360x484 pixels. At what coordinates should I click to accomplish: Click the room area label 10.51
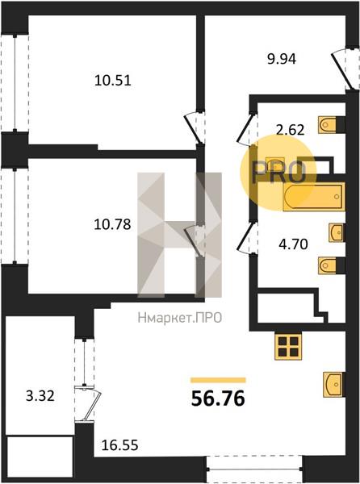tap(113, 81)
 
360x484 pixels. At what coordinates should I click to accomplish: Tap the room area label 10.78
tap(113, 224)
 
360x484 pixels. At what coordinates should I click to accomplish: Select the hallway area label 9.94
tap(282, 59)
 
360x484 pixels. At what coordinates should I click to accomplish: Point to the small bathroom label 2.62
tap(290, 130)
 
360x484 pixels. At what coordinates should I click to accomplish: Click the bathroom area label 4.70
tap(293, 244)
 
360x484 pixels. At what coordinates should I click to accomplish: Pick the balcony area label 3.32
tap(40, 396)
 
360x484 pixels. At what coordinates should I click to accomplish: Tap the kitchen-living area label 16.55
tap(119, 445)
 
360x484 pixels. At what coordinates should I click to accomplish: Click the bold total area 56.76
tap(218, 398)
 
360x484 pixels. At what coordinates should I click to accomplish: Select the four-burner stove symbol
tap(288, 347)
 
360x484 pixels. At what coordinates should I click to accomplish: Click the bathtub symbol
tap(314, 197)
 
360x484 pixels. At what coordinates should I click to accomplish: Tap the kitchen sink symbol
tap(334, 384)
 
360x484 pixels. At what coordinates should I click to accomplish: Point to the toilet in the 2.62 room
tap(332, 125)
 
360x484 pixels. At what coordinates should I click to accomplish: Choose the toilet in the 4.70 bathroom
tap(332, 265)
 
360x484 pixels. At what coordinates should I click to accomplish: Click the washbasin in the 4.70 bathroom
tap(337, 232)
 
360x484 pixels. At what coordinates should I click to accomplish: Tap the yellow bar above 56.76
tap(218, 380)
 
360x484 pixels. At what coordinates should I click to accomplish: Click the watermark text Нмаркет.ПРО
tap(180, 318)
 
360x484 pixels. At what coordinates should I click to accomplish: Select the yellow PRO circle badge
tap(278, 173)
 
